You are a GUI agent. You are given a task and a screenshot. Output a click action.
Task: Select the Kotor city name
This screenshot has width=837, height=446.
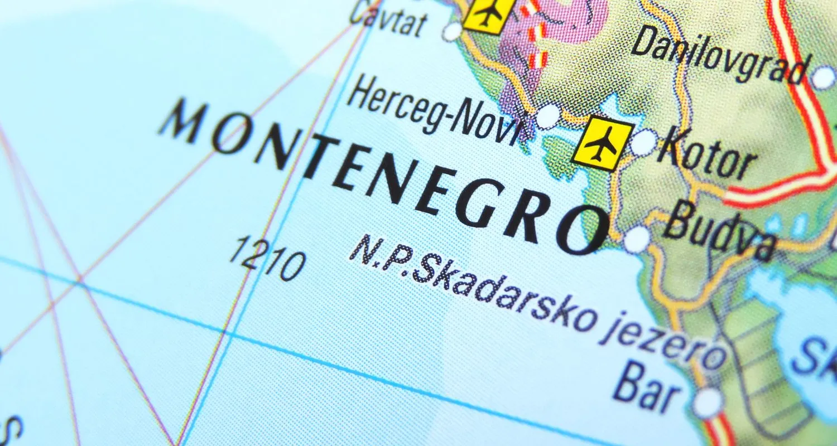pyautogui.click(x=706, y=153)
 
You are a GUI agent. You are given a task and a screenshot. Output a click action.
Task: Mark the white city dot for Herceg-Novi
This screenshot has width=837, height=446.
pyautogui.click(x=547, y=116)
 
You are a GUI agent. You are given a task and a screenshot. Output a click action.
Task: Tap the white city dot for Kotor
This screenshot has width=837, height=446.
pyautogui.click(x=643, y=142)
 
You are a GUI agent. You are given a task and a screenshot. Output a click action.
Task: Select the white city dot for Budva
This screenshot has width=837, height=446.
pyautogui.click(x=637, y=240)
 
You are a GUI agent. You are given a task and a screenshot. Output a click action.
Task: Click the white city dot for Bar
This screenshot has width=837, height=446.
pyautogui.click(x=708, y=403)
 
